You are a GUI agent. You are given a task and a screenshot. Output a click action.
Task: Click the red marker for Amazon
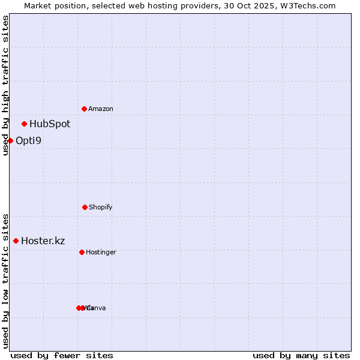pyautogui.click(x=85, y=109)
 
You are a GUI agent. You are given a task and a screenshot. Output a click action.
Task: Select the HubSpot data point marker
pyautogui.click(x=25, y=124)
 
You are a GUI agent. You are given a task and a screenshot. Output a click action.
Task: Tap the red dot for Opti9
pyautogui.click(x=10, y=140)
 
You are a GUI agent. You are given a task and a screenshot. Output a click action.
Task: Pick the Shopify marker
pyautogui.click(x=85, y=207)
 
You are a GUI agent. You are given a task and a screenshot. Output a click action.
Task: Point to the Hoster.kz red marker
pyautogui.click(x=16, y=241)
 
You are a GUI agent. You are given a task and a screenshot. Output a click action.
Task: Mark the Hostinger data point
pyautogui.click(x=82, y=252)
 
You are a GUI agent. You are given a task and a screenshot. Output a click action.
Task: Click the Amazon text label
pyautogui.click(x=101, y=109)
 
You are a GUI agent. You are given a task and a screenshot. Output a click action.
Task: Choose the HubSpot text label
pyautogui.click(x=50, y=124)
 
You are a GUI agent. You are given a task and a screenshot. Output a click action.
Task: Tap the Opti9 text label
pyautogui.click(x=29, y=141)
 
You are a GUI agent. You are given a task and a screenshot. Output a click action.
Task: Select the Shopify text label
pyautogui.click(x=101, y=208)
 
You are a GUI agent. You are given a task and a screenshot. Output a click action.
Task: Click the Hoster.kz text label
pyautogui.click(x=43, y=241)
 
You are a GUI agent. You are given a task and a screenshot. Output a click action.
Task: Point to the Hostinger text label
pyautogui.click(x=101, y=253)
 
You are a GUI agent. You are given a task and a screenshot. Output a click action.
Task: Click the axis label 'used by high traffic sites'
pyautogui.click(x=6, y=86)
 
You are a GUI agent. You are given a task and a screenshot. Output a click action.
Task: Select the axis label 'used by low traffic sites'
pyautogui.click(x=6, y=280)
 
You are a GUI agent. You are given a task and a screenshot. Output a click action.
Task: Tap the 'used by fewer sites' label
pyautogui.click(x=62, y=355)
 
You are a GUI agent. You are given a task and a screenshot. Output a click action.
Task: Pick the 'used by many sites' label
pyautogui.click(x=301, y=355)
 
